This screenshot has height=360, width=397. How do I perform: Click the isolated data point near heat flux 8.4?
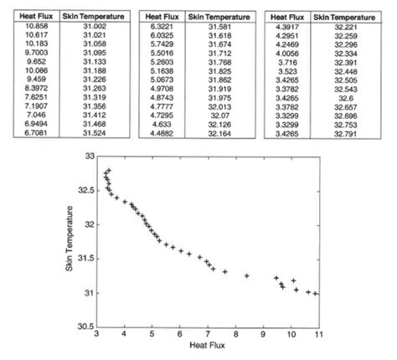coord(247,275)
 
